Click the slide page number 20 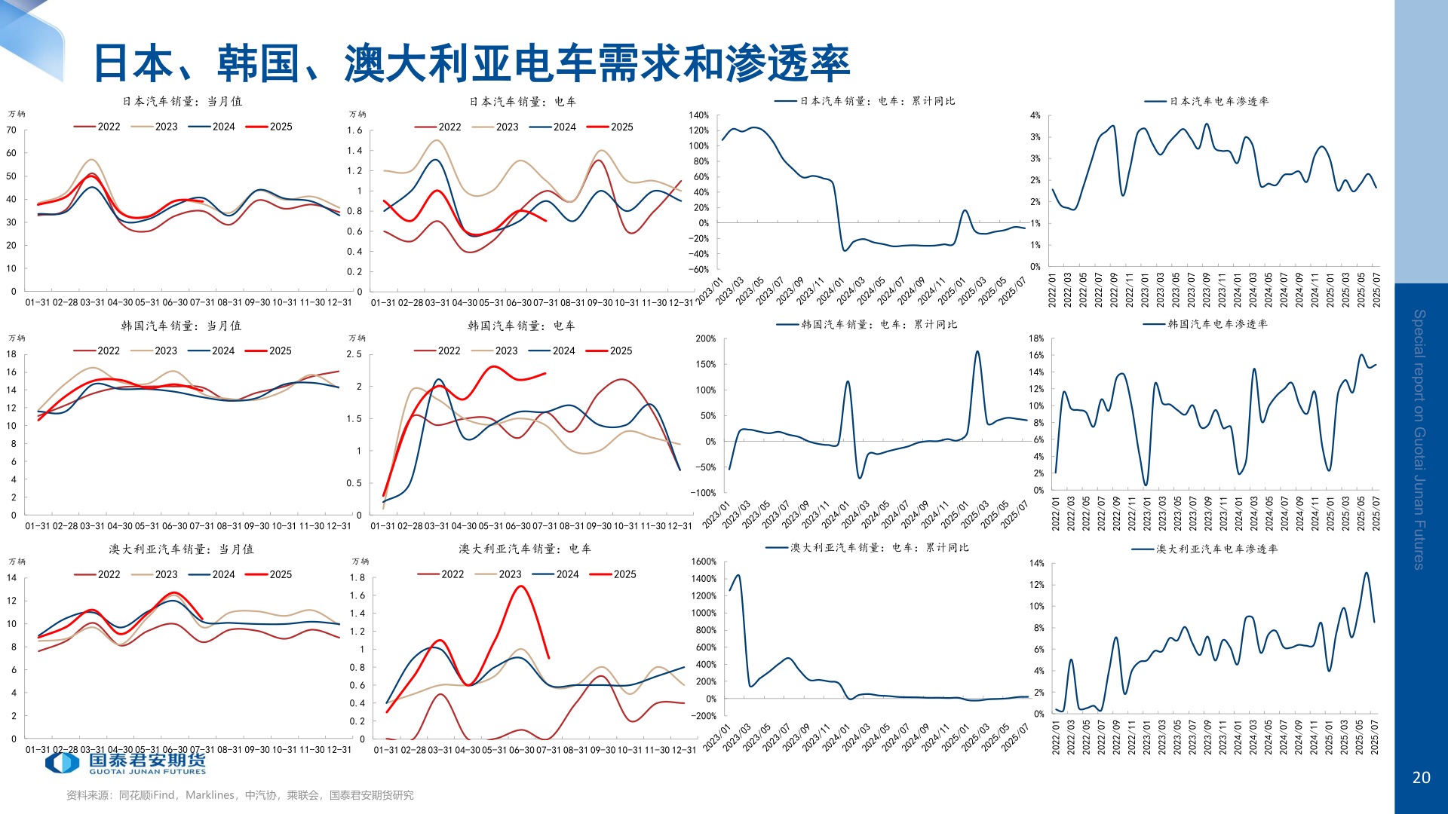[1421, 777]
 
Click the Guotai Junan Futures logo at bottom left [125, 763]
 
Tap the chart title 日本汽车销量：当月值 [183, 101]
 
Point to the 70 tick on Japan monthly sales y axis [11, 130]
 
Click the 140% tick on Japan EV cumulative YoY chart [698, 115]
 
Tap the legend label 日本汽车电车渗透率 [1219, 101]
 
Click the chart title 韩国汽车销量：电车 [521, 326]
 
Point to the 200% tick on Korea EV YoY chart [705, 338]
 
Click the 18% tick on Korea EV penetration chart [1036, 338]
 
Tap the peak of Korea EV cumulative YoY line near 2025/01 [977, 351]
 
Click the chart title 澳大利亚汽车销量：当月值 [181, 549]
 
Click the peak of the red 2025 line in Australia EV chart [521, 586]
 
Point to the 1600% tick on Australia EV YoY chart [703, 562]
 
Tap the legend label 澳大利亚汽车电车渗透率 [1216, 549]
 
